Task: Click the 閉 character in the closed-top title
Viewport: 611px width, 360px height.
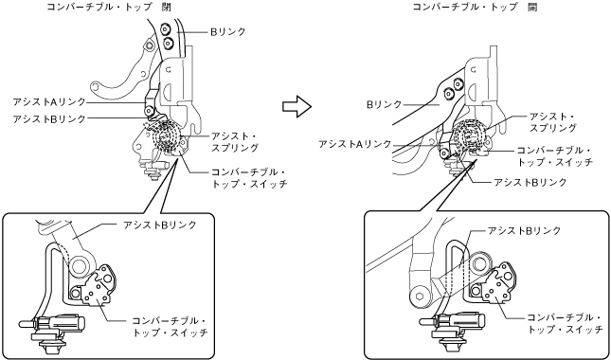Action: (165, 7)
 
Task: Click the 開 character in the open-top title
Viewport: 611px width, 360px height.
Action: (531, 7)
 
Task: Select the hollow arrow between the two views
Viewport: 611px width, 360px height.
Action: (297, 106)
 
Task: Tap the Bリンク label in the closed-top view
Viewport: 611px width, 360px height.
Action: (228, 32)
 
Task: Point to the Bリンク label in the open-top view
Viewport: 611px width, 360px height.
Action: (384, 104)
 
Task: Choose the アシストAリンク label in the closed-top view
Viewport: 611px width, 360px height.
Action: (49, 101)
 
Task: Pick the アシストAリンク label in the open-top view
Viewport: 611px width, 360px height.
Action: (354, 144)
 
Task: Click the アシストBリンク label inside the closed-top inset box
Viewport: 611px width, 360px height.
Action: (160, 225)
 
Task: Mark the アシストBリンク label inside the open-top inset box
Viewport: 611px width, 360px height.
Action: (524, 230)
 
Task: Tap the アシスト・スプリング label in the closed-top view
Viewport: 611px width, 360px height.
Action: (235, 142)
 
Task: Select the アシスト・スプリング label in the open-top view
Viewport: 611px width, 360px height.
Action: (552, 122)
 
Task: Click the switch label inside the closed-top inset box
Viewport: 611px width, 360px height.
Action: (170, 327)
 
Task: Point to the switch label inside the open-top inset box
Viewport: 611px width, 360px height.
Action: (565, 323)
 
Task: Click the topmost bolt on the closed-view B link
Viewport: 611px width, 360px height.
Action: (166, 28)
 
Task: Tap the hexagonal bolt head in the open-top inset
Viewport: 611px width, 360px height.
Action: (419, 296)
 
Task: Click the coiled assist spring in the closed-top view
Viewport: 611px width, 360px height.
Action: (168, 138)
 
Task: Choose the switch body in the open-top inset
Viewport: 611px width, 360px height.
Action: (500, 284)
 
